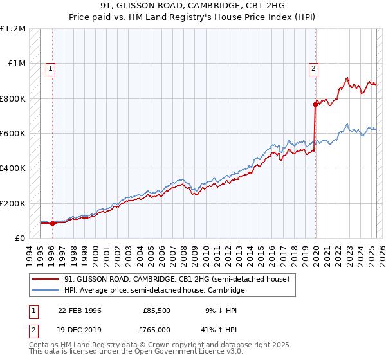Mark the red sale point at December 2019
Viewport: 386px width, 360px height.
coord(315,104)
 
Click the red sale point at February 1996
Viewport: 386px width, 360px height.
coord(53,223)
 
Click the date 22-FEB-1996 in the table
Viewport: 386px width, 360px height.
coord(79,310)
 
